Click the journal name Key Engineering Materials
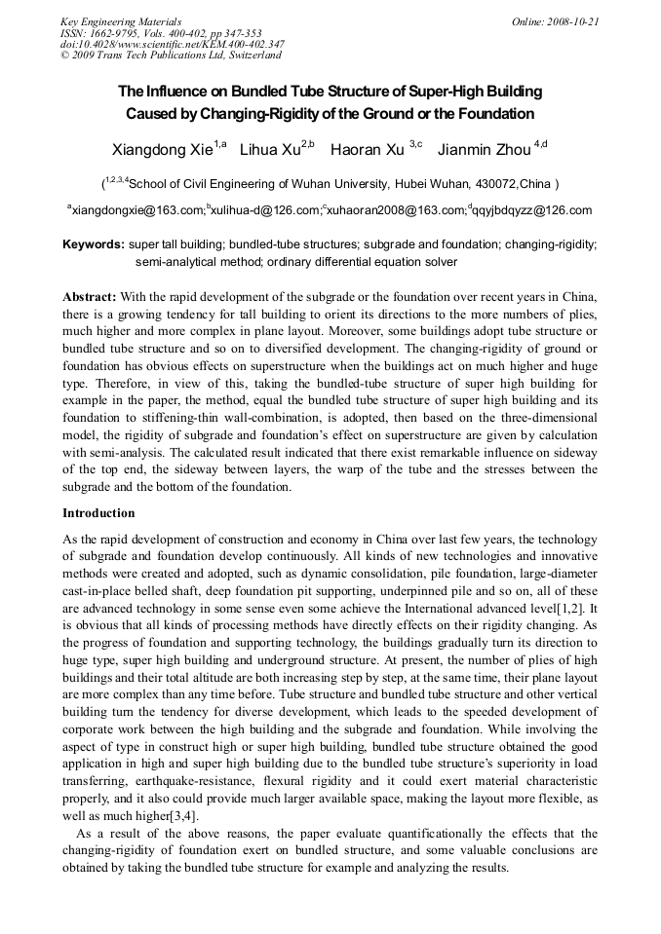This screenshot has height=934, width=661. [x=120, y=21]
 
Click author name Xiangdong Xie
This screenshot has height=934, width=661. [x=163, y=150]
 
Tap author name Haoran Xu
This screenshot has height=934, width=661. [x=368, y=150]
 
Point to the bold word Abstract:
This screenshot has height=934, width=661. [x=90, y=295]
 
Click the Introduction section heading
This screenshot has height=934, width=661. [x=98, y=512]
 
